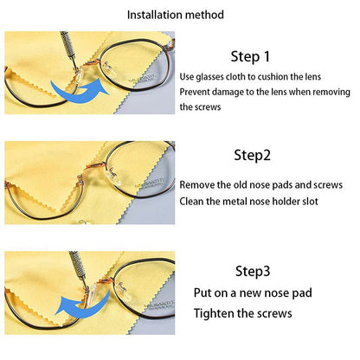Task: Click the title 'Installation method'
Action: [176, 15]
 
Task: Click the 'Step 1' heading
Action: [251, 57]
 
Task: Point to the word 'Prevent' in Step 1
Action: [197, 92]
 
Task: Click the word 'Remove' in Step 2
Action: [197, 185]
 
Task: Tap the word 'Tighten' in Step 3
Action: [214, 313]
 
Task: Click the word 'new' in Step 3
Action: [253, 293]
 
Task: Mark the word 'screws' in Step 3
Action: [274, 313]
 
